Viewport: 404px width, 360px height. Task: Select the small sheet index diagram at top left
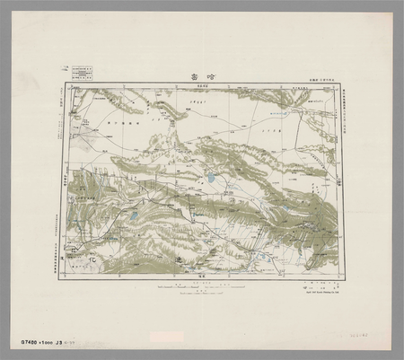[x=83, y=71]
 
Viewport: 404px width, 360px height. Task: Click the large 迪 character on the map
[x=177, y=259]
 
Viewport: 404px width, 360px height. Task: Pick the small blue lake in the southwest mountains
[x=134, y=216]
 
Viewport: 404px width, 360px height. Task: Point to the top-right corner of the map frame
[x=342, y=85]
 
